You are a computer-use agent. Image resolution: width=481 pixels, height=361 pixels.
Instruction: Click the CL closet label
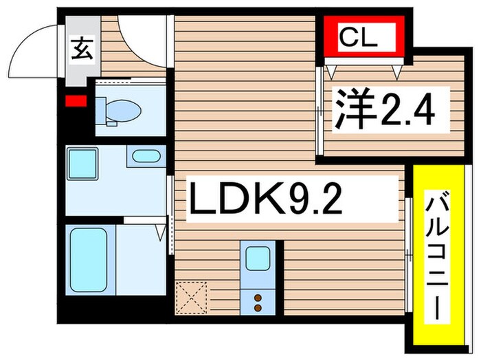tap(359, 39)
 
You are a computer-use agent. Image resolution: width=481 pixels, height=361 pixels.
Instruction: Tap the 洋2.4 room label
tap(385, 109)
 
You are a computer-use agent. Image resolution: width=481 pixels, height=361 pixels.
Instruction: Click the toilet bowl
tap(124, 109)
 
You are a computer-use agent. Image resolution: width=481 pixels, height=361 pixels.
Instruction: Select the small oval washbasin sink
tap(145, 156)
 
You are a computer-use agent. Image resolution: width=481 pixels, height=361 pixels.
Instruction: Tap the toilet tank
tap(100, 111)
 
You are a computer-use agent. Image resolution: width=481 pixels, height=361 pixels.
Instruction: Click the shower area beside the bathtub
tap(140, 258)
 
